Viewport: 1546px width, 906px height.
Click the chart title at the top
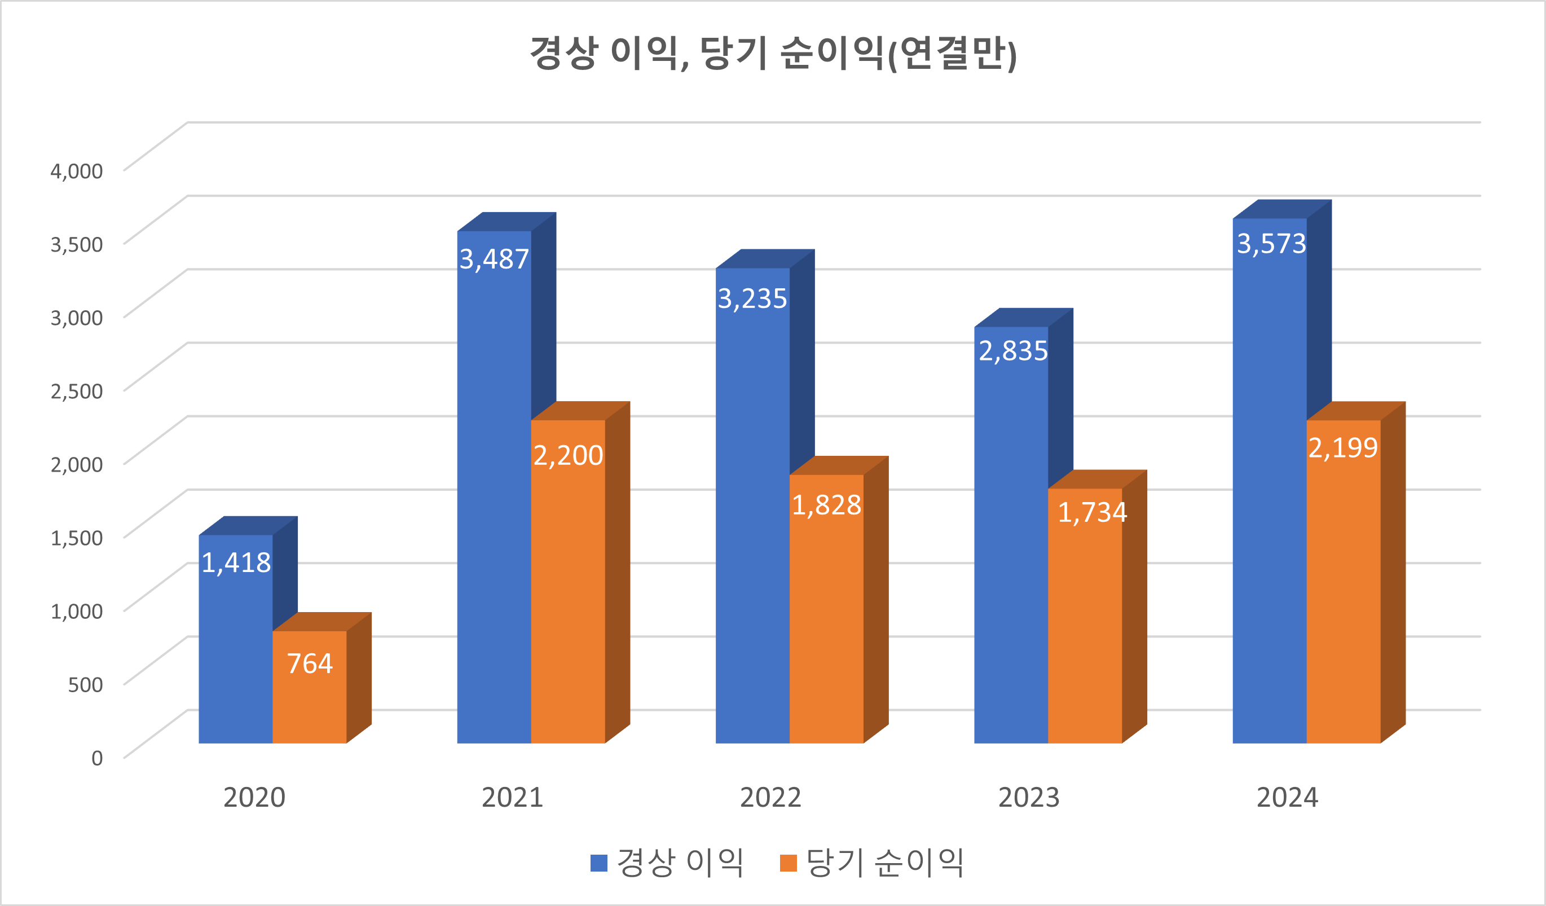772,54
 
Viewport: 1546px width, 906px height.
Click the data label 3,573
1271,244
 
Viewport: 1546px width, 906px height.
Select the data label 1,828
826,505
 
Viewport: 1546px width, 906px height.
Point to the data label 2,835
1013,351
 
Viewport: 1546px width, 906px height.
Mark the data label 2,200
567,455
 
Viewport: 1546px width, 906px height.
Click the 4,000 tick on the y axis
77,171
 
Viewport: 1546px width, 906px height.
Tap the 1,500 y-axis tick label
77,538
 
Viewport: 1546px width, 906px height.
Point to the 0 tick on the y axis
97,758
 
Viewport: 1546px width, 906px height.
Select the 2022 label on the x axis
770,798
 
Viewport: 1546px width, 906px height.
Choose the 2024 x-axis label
1287,798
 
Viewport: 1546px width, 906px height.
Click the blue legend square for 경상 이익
598,863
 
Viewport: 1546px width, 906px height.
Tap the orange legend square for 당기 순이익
788,863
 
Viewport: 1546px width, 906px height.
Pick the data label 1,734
1092,513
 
